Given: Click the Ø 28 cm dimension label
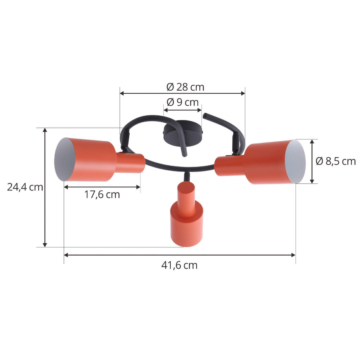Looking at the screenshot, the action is pyautogui.click(x=185, y=87).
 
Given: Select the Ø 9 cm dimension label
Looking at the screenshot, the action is pyautogui.click(x=183, y=103).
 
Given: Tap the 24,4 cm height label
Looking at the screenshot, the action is pyautogui.click(x=25, y=187).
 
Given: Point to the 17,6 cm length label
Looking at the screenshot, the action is pyautogui.click(x=102, y=195).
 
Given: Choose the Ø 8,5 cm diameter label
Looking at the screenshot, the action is pyautogui.click(x=336, y=161).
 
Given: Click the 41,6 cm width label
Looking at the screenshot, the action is pyautogui.click(x=179, y=266).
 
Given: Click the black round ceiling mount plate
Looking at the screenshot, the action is pyautogui.click(x=183, y=133).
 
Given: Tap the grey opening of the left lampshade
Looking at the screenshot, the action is pyautogui.click(x=64, y=159).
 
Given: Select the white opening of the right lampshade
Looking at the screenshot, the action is pyautogui.click(x=295, y=161).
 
